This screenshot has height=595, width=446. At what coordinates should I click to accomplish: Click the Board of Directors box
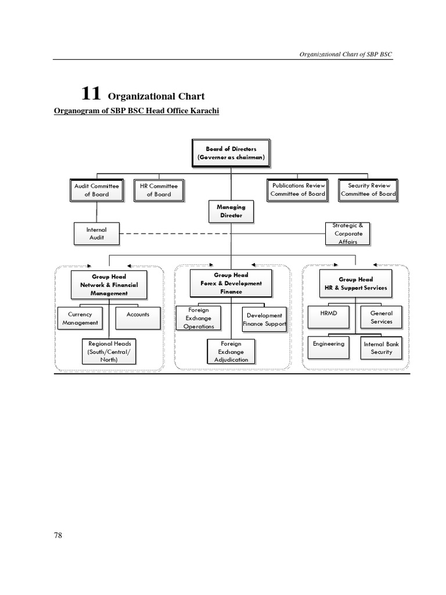tap(231, 153)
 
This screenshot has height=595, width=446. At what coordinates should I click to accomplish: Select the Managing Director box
tap(231, 211)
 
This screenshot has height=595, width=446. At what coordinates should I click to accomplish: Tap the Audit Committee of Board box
tap(96, 190)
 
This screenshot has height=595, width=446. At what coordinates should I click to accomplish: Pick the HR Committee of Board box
tap(159, 190)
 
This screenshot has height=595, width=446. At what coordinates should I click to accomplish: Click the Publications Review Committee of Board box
tap(297, 189)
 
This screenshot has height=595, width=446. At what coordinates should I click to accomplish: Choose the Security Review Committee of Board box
tap(368, 189)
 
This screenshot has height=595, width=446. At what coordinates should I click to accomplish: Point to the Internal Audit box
tap(96, 234)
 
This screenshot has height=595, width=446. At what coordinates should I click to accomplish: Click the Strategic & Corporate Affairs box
tap(347, 233)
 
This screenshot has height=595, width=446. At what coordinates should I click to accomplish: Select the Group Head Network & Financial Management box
tap(109, 285)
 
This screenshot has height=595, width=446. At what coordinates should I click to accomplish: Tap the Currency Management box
tap(80, 318)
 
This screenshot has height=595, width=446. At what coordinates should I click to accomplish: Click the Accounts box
tap(138, 317)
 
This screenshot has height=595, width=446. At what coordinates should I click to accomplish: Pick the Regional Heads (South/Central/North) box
tap(109, 352)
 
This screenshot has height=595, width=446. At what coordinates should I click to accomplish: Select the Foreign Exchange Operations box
tap(199, 318)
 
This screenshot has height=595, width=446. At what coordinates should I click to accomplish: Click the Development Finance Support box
tap(264, 319)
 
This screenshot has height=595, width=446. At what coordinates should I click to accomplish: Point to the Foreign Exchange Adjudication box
tap(231, 352)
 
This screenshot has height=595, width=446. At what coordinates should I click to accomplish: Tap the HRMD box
tap(328, 317)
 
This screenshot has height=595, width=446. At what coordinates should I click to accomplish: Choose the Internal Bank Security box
tap(381, 348)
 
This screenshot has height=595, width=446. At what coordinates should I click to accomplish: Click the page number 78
tap(57, 535)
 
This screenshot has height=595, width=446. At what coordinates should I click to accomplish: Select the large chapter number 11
tap(91, 93)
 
